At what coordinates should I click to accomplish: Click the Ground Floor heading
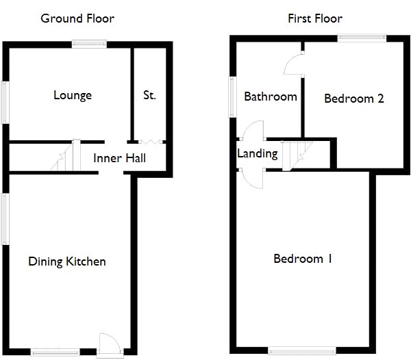pos(77,19)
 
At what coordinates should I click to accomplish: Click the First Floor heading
pos(315,18)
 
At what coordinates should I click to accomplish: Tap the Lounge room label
pos(73,96)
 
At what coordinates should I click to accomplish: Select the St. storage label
pos(149,95)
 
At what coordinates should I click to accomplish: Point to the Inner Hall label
pos(119,158)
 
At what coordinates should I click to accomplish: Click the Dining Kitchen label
pos(67,261)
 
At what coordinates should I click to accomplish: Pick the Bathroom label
pos(271,97)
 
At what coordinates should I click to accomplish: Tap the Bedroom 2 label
pos(354,99)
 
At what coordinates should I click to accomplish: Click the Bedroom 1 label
pos(303,259)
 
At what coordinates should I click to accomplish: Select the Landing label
pos(258,154)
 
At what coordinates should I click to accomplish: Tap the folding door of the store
pos(151,142)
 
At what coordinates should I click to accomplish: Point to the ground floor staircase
pos(66,155)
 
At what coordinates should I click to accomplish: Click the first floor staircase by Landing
pos(297,156)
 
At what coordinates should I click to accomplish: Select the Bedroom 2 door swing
pos(294,64)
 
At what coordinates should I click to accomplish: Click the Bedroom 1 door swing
pos(252,179)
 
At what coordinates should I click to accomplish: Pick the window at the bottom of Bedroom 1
pos(302,350)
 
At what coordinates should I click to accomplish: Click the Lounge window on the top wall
pos(89,44)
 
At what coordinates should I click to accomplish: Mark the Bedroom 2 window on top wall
pos(362,38)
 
